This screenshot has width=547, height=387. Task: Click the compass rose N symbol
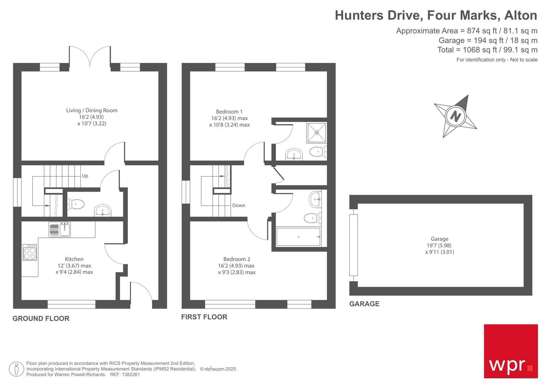tap(455, 116)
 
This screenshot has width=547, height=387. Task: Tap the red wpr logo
tap(510, 351)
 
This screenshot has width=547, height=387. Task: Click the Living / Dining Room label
tap(92, 111)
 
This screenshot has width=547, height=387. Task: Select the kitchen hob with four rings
tap(30, 253)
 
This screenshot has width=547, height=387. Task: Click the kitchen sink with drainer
tap(60, 229)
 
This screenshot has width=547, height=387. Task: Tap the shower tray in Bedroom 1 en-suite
tap(316, 132)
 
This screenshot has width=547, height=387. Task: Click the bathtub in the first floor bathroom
tap(298, 237)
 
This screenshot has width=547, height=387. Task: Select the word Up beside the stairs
tap(85, 176)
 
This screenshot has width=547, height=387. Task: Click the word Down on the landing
tap(238, 206)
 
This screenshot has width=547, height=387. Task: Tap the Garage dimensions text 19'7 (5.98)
tap(439, 246)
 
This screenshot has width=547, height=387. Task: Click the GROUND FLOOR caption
tap(41, 319)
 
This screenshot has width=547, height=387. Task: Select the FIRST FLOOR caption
tap(204, 317)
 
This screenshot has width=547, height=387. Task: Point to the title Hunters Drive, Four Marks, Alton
tap(435, 15)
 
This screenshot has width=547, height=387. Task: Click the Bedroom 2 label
tap(237, 259)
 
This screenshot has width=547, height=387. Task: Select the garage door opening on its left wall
tap(353, 245)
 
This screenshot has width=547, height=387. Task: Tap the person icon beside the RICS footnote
tap(16, 369)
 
